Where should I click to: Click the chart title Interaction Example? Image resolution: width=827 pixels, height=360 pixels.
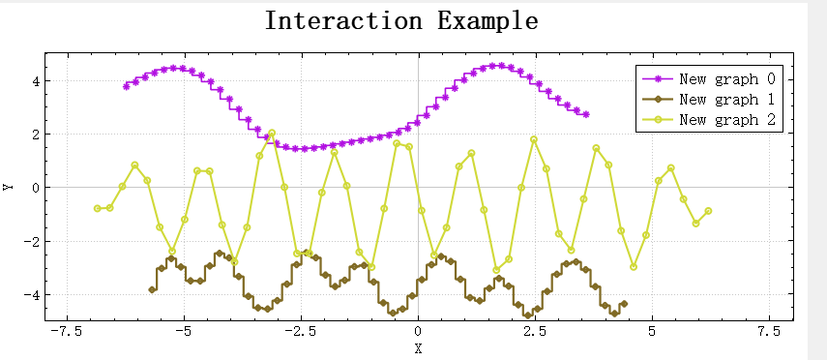[401, 20]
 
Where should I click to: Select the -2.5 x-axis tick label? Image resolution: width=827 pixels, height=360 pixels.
[300, 332]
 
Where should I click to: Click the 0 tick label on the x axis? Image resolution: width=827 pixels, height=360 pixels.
[418, 332]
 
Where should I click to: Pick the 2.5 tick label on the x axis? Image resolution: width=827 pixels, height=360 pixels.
[535, 332]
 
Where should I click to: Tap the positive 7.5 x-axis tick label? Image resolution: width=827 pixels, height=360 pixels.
[769, 332]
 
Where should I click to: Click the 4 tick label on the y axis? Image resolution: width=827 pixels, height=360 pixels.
[35, 80]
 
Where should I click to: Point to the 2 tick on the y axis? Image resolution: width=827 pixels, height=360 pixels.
[35, 134]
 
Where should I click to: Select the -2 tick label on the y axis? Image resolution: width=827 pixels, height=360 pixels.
[32, 241]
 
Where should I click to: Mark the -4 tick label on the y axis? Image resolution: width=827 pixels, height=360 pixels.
[32, 294]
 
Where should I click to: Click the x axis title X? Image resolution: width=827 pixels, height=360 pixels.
[418, 348]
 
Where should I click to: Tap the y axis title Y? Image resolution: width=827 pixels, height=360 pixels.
[9, 187]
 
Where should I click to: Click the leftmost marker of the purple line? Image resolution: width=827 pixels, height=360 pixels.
[126, 86]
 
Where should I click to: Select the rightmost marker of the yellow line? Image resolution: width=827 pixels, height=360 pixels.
[708, 211]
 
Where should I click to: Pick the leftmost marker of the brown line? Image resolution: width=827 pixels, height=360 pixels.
[152, 289]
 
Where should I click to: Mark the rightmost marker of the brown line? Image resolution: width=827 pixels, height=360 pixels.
[624, 304]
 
